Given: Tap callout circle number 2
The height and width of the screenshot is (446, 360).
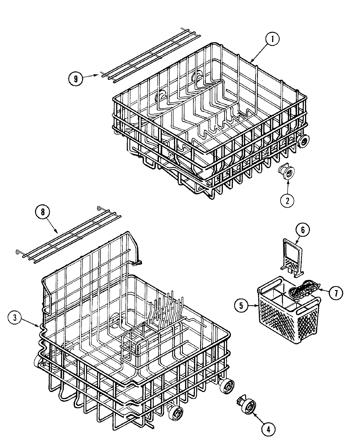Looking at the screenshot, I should point(287,200).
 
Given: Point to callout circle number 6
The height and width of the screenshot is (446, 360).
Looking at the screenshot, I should point(302,230).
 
